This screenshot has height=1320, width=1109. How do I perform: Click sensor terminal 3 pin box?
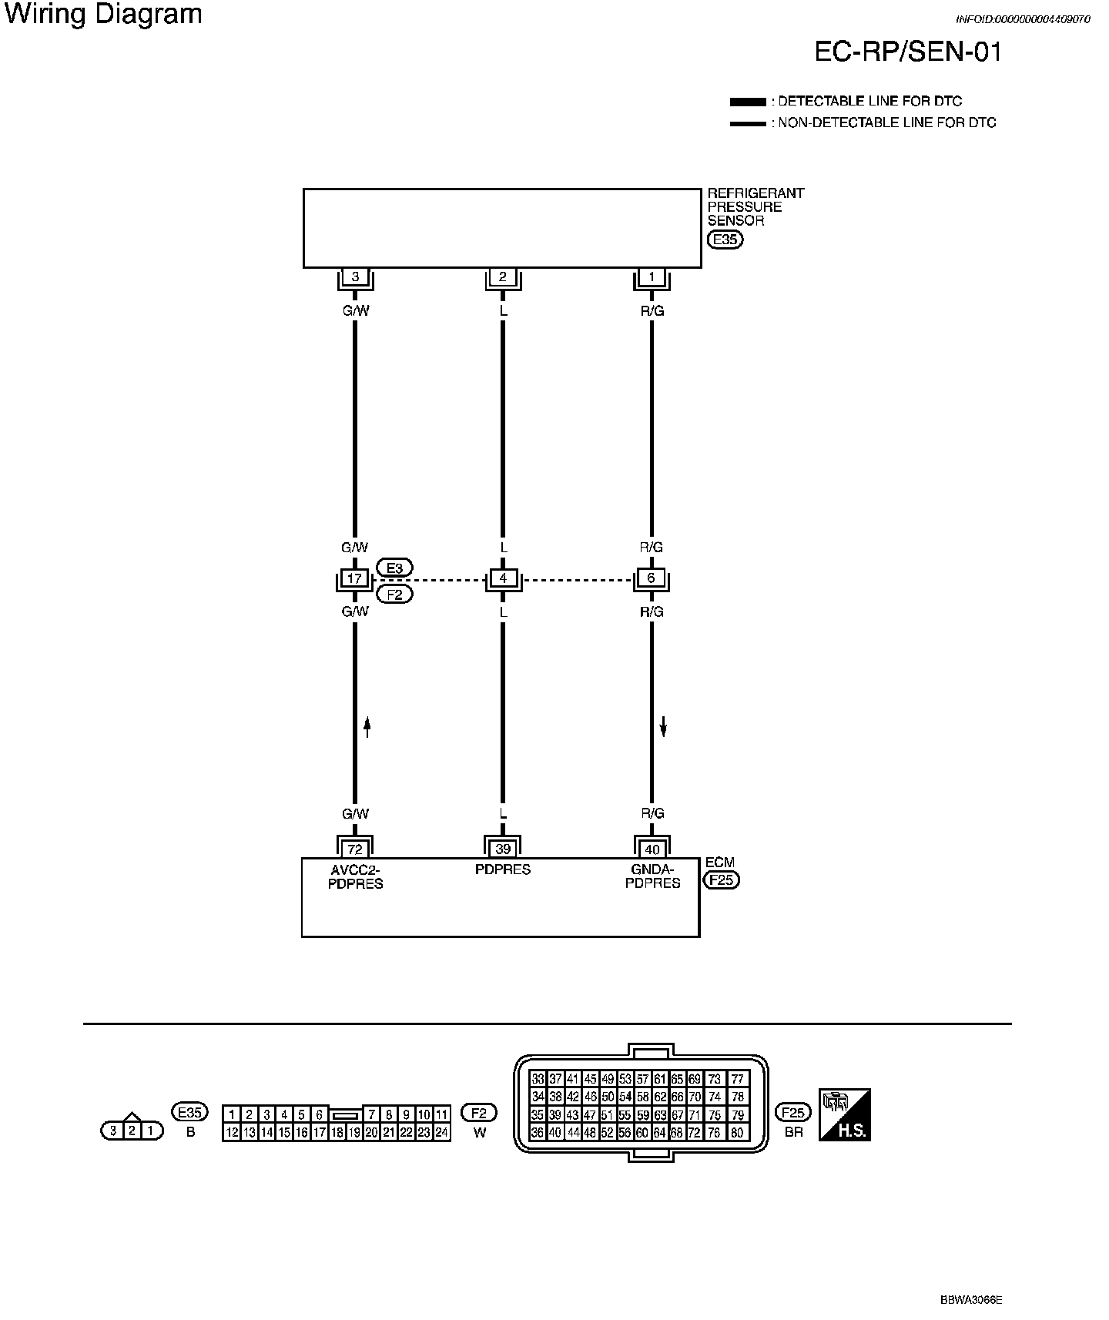(355, 276)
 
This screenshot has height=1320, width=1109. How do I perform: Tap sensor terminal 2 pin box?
(503, 276)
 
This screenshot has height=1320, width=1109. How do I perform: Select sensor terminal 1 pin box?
(652, 276)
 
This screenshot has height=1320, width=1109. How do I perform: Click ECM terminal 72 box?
(355, 849)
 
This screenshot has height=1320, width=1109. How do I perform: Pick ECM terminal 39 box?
(503, 849)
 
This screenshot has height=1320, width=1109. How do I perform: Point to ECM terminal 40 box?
(652, 849)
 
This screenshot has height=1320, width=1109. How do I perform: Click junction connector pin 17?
(355, 578)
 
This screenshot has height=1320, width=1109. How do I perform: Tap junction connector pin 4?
(503, 578)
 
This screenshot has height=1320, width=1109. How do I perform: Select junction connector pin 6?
(652, 578)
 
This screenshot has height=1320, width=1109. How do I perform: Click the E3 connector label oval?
(394, 568)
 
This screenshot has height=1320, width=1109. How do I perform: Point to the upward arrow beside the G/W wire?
(367, 726)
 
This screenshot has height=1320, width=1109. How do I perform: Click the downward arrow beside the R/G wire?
(663, 726)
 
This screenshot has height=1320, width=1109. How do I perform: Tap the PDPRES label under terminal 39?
(503, 869)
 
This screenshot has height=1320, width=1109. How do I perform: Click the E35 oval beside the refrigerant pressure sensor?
(725, 240)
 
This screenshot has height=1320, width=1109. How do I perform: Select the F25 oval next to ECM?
(722, 879)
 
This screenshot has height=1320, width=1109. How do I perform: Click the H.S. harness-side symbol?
(844, 1114)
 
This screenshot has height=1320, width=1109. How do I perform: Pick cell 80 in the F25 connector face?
(738, 1133)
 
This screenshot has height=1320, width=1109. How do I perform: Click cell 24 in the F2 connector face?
(441, 1132)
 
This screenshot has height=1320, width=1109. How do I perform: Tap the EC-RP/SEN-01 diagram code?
(909, 52)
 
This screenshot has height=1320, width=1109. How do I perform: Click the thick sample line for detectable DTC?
(748, 102)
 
